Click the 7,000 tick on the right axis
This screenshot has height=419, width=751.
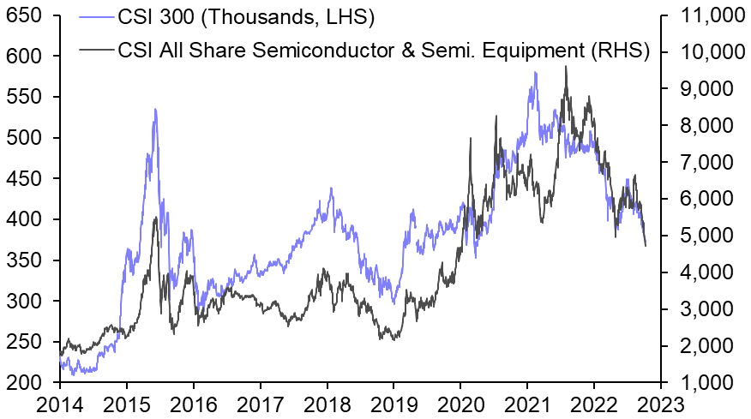click(x=702, y=162)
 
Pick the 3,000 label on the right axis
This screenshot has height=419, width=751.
click(x=702, y=308)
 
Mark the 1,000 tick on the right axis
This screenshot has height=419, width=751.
click(x=702, y=382)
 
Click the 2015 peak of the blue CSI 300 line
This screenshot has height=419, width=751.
click(x=155, y=109)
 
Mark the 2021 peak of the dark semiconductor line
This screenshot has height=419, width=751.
click(x=566, y=66)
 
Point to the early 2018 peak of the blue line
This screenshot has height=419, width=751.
click(x=331, y=188)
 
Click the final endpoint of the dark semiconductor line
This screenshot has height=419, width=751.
click(x=646, y=247)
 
